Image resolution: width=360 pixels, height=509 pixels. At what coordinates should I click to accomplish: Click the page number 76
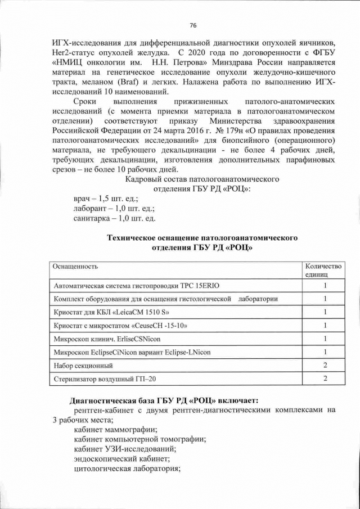click(x=193, y=26)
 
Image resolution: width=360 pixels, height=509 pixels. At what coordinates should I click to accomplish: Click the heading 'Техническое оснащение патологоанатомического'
click(x=202, y=238)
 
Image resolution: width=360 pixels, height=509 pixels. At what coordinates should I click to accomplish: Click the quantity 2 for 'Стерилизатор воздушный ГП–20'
click(x=325, y=380)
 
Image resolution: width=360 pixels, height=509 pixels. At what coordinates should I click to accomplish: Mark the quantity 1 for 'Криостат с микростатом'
click(x=325, y=326)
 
